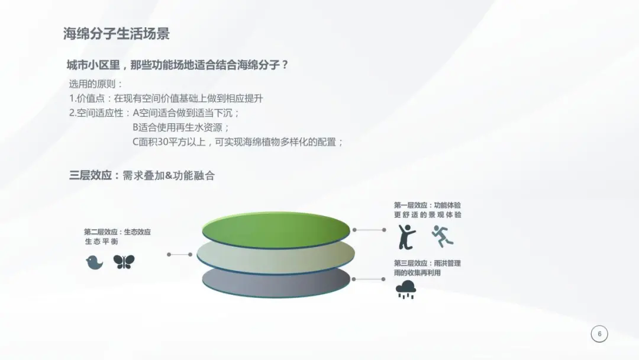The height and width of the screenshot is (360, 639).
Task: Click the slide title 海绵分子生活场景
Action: [x=116, y=34]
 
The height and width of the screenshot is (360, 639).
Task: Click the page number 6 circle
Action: [x=599, y=334]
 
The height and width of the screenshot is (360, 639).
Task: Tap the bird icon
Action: [x=94, y=262]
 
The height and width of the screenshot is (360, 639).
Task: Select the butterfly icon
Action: [x=124, y=262]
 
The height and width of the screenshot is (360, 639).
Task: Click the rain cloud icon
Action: [x=405, y=290]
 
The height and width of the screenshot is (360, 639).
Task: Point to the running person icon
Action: [x=442, y=236]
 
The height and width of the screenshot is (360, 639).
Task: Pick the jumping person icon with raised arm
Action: [x=406, y=237]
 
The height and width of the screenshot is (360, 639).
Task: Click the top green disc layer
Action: [x=276, y=230]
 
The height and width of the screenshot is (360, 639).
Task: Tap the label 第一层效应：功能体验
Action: [x=427, y=205]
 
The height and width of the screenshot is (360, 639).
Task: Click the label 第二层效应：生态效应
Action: [x=117, y=232]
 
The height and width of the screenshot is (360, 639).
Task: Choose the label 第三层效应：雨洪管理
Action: [x=427, y=263]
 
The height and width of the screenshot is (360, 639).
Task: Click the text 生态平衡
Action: [x=102, y=242]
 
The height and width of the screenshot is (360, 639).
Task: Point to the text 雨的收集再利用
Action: [x=417, y=273]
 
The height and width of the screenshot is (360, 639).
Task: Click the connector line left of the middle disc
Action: [x=180, y=255]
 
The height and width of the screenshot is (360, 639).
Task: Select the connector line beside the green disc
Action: [x=369, y=230]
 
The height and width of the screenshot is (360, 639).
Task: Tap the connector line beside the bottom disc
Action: [x=369, y=279]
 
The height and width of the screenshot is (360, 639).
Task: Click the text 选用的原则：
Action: [x=96, y=85]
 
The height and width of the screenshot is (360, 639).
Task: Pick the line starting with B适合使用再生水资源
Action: [x=181, y=128]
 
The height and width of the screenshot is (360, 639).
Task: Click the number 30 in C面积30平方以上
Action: [x=162, y=142]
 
